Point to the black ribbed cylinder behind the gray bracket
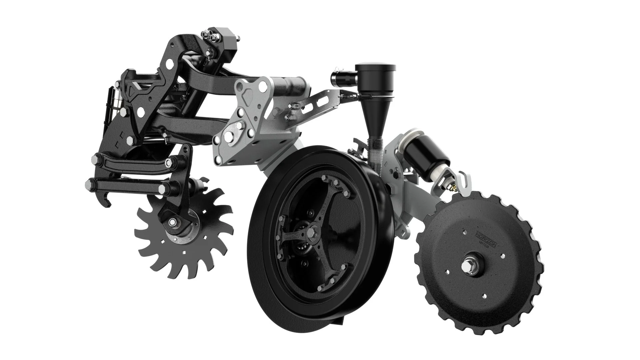[x=290, y=86]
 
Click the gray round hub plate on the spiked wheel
[x=182, y=230]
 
